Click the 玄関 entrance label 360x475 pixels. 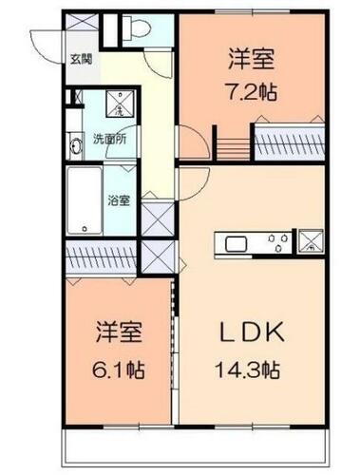point(80,59)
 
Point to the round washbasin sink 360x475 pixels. point(75,144)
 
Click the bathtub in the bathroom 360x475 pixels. point(85,201)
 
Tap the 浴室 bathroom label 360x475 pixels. point(119,200)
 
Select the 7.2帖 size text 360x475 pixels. point(251,94)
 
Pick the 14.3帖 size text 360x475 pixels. point(253,366)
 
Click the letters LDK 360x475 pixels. point(252,333)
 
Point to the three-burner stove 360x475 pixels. point(277,242)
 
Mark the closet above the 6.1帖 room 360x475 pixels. point(101,256)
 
